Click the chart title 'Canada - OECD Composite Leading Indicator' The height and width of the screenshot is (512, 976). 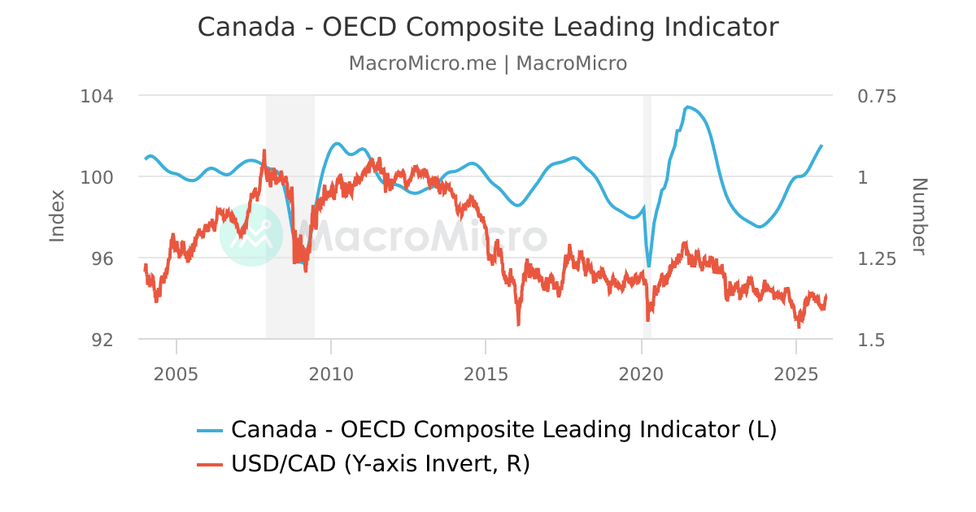pyautogui.click(x=488, y=27)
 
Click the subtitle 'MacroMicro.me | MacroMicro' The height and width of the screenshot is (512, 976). pyautogui.click(x=488, y=63)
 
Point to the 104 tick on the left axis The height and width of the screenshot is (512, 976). pyautogui.click(x=97, y=96)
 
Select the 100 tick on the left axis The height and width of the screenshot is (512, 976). pyautogui.click(x=97, y=177)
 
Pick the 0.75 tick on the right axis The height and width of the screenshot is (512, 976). pyautogui.click(x=877, y=96)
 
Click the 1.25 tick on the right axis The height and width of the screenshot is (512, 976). pyautogui.click(x=877, y=258)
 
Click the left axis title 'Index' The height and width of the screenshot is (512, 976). pyautogui.click(x=57, y=216)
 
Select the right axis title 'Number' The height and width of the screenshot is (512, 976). pyautogui.click(x=918, y=216)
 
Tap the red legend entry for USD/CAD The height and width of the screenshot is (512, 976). pyautogui.click(x=364, y=464)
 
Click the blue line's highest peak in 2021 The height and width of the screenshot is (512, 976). pyautogui.click(x=688, y=106)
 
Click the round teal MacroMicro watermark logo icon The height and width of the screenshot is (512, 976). pyautogui.click(x=251, y=235)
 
